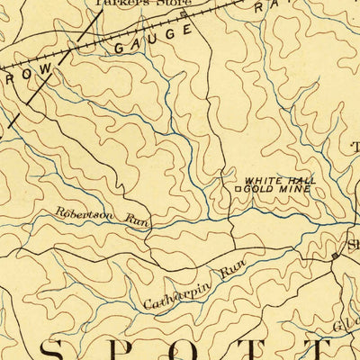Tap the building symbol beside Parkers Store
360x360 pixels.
pos(184,14)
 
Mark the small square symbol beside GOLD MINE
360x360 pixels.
pos(238,190)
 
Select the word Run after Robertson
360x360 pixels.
pos(138,220)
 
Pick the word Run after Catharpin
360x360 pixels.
pos(231,266)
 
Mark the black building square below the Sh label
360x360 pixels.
pos(335,256)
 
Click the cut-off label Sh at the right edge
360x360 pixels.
pos(350,244)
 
